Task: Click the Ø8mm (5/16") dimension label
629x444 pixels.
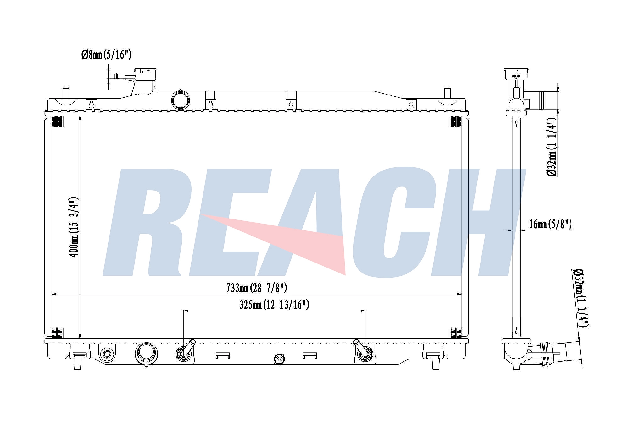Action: [x=106, y=55]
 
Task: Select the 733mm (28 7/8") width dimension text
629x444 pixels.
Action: [x=256, y=288]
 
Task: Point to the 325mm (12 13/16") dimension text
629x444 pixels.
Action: [x=274, y=304]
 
